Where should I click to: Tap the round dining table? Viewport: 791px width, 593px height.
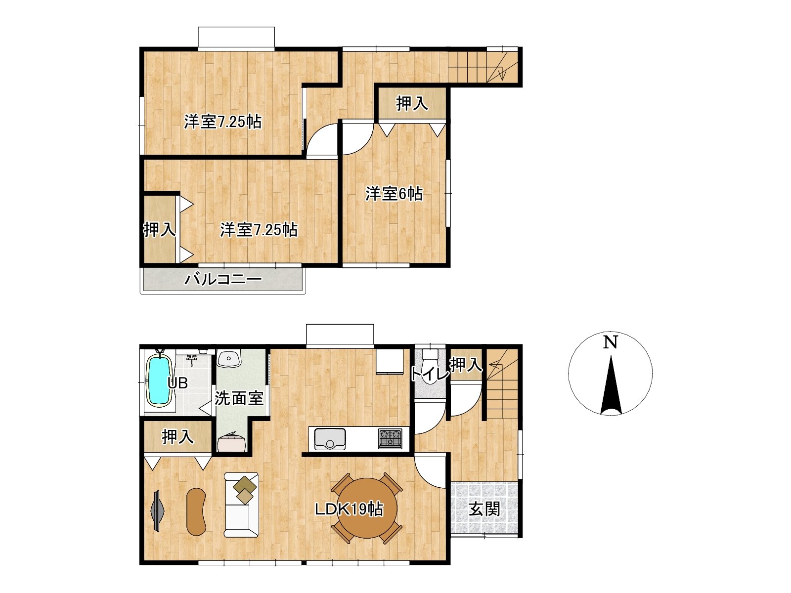coord(367,508)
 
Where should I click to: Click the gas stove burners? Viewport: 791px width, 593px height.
coord(390,439)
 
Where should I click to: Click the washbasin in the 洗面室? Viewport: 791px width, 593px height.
coord(228,359)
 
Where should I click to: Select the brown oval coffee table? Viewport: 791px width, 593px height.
coord(196,511)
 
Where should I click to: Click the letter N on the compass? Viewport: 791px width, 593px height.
coord(611,342)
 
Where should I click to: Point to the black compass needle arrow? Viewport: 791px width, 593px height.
coord(611,385)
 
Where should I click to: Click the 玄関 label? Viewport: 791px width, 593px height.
coord(484,509)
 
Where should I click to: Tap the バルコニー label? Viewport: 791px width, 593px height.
coord(223,279)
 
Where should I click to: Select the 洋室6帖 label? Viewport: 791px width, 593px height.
coord(394,194)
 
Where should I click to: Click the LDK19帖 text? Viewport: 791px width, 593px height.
coord(349,509)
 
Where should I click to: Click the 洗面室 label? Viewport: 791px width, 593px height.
coord(239,398)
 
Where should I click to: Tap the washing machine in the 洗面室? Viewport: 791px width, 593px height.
coord(232,442)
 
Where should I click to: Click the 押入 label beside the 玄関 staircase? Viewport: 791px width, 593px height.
coord(466,365)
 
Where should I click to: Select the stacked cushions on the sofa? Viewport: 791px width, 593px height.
coord(245,490)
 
